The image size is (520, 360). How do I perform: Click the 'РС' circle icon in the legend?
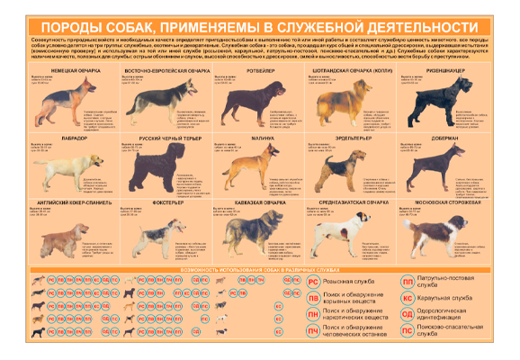pos(312,282)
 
